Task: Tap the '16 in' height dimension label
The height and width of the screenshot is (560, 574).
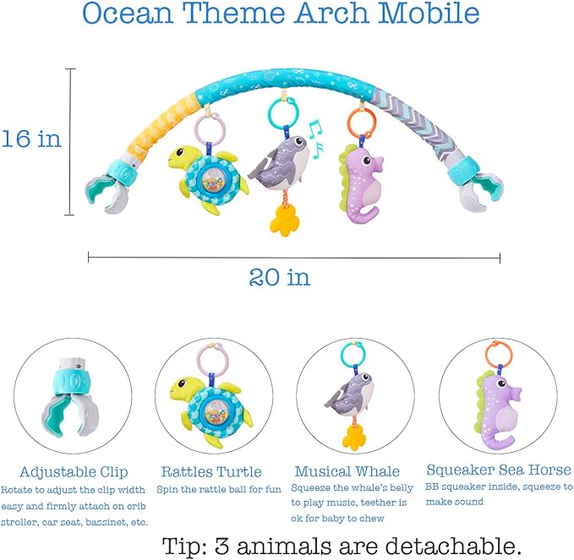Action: [31, 139]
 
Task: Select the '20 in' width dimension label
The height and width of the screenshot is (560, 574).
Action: [279, 276]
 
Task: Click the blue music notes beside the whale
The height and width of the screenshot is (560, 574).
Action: [315, 139]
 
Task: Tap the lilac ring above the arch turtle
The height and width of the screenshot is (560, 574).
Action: [208, 131]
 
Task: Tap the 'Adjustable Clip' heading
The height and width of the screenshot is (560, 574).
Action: [74, 471]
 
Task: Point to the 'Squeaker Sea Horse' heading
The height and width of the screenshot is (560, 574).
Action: [499, 470]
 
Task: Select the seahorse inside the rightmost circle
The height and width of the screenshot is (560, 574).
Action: [496, 410]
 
